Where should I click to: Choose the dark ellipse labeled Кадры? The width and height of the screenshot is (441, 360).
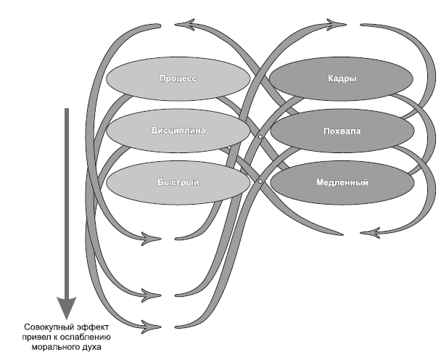coord(342,78)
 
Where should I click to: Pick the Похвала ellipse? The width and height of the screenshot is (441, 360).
coord(342,131)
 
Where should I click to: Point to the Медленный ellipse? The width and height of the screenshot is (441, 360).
coord(342,181)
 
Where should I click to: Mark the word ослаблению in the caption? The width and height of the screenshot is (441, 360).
coord(93,336)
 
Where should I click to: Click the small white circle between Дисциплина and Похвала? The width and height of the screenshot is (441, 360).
coord(260,136)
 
